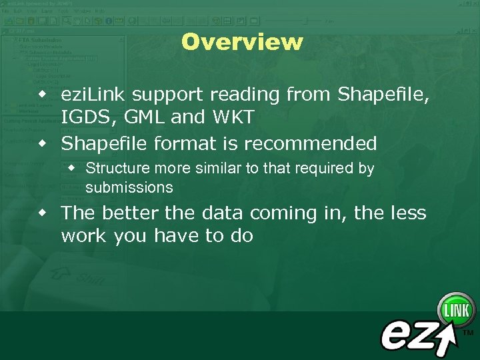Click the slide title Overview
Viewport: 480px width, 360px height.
[x=241, y=42]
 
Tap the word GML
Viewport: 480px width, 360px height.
[x=138, y=118]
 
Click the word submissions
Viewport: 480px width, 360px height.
[x=129, y=188]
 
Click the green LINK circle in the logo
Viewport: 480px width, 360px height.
[x=456, y=310]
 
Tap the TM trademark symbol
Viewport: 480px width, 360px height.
[x=468, y=331]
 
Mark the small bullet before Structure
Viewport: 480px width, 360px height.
[x=73, y=169]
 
